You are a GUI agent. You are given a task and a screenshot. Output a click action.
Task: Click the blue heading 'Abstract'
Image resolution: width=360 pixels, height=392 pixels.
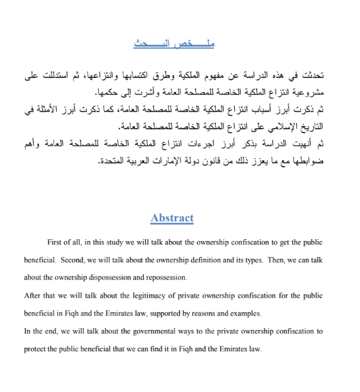click(172, 218)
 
